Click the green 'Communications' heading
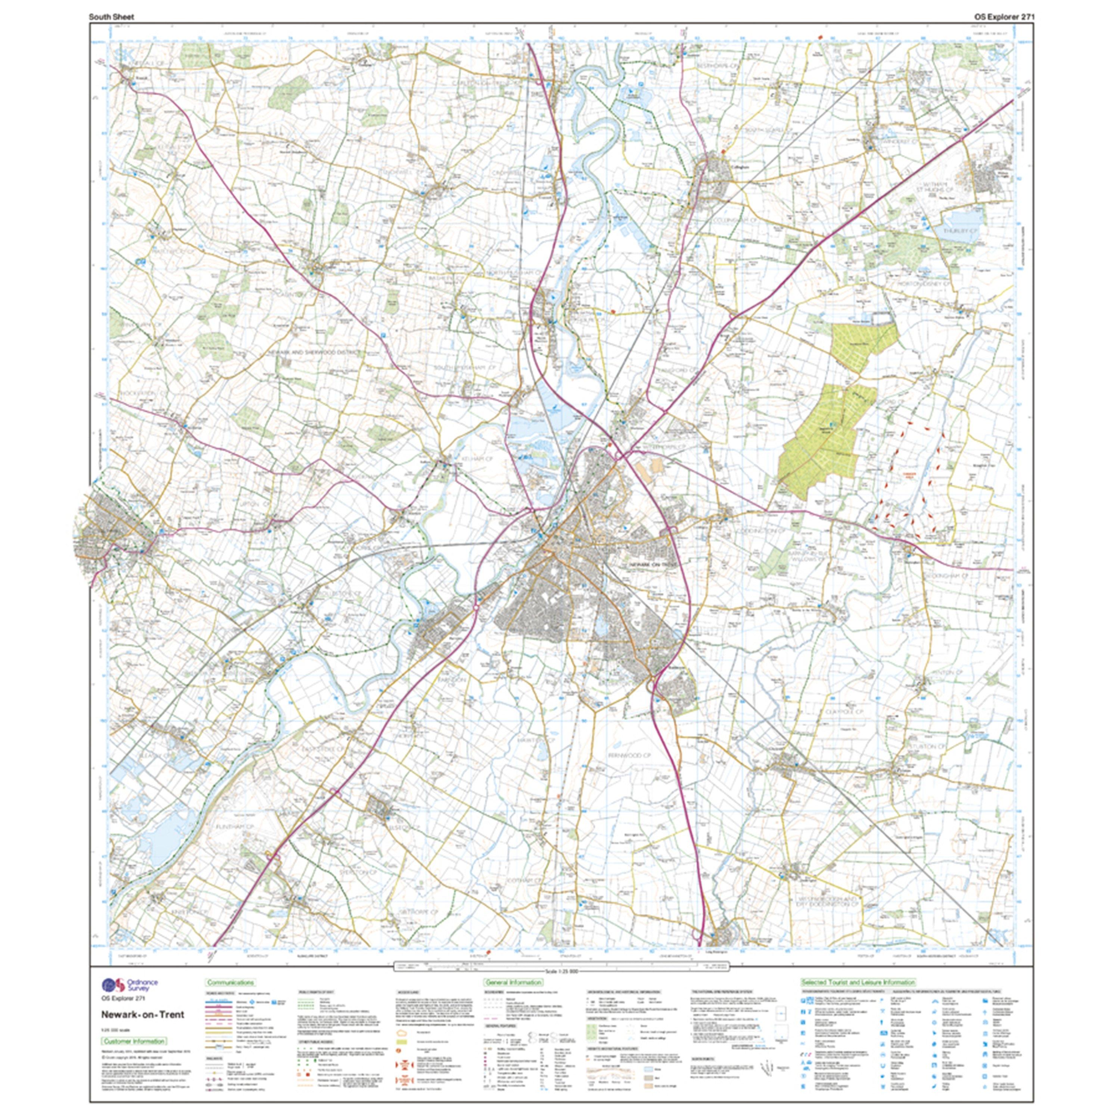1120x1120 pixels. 230,983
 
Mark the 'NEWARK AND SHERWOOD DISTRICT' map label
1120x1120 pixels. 314,352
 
